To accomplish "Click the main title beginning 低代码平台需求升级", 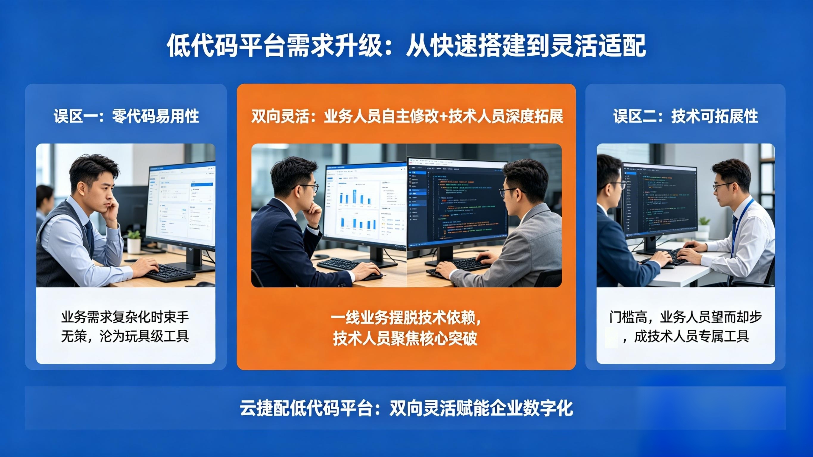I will coord(406,46).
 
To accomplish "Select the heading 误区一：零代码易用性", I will coord(126,116).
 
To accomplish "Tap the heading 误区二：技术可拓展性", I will coord(686,116).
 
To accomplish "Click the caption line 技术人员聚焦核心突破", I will coord(405,339).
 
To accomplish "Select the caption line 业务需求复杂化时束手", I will coord(125,317).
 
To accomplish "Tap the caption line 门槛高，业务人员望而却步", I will coord(686,317).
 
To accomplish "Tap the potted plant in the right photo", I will coord(703,227).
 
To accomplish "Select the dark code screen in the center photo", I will coord(458,205).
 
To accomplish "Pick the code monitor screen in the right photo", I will coord(660,199).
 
